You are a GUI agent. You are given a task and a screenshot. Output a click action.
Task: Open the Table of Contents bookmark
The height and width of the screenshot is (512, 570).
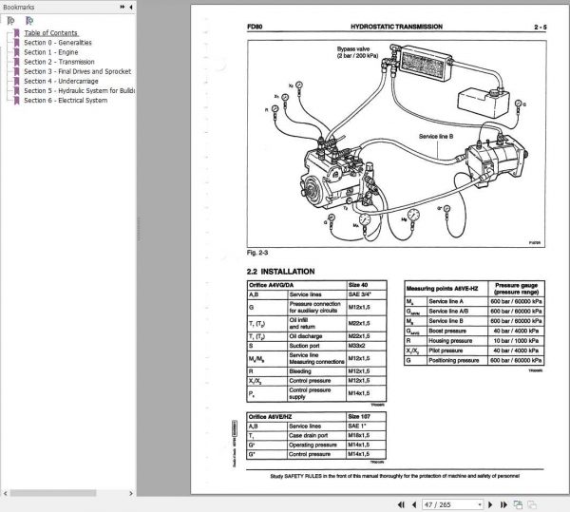50,33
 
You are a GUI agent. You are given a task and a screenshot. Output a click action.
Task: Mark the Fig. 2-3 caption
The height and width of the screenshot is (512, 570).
258,254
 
